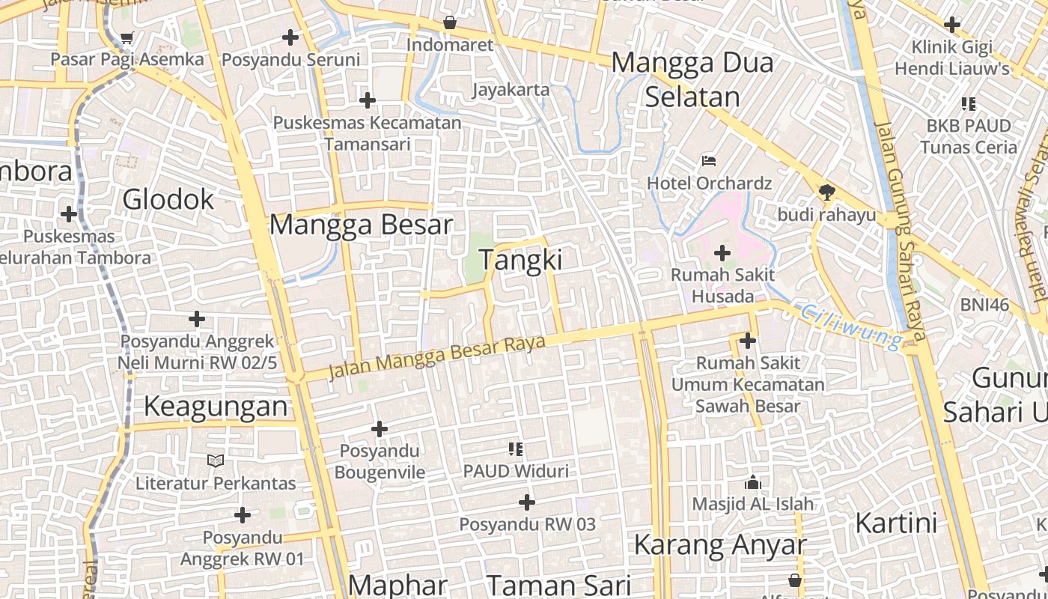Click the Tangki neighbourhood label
(x=520, y=260)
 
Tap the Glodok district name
(x=168, y=199)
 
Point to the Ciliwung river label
(x=851, y=326)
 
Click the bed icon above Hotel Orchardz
(x=709, y=161)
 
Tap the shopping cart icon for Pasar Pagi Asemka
(x=127, y=37)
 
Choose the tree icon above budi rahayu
(x=826, y=193)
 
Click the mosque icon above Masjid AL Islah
(x=752, y=482)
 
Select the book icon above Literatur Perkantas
(x=216, y=460)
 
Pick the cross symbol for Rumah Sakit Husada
(x=722, y=253)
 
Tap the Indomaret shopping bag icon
(x=450, y=23)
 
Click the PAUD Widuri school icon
(x=515, y=449)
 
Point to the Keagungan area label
(x=216, y=406)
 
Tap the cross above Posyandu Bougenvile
(x=380, y=429)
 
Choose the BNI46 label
(x=985, y=305)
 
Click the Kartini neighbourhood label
(x=896, y=523)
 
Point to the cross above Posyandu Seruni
(x=290, y=37)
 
